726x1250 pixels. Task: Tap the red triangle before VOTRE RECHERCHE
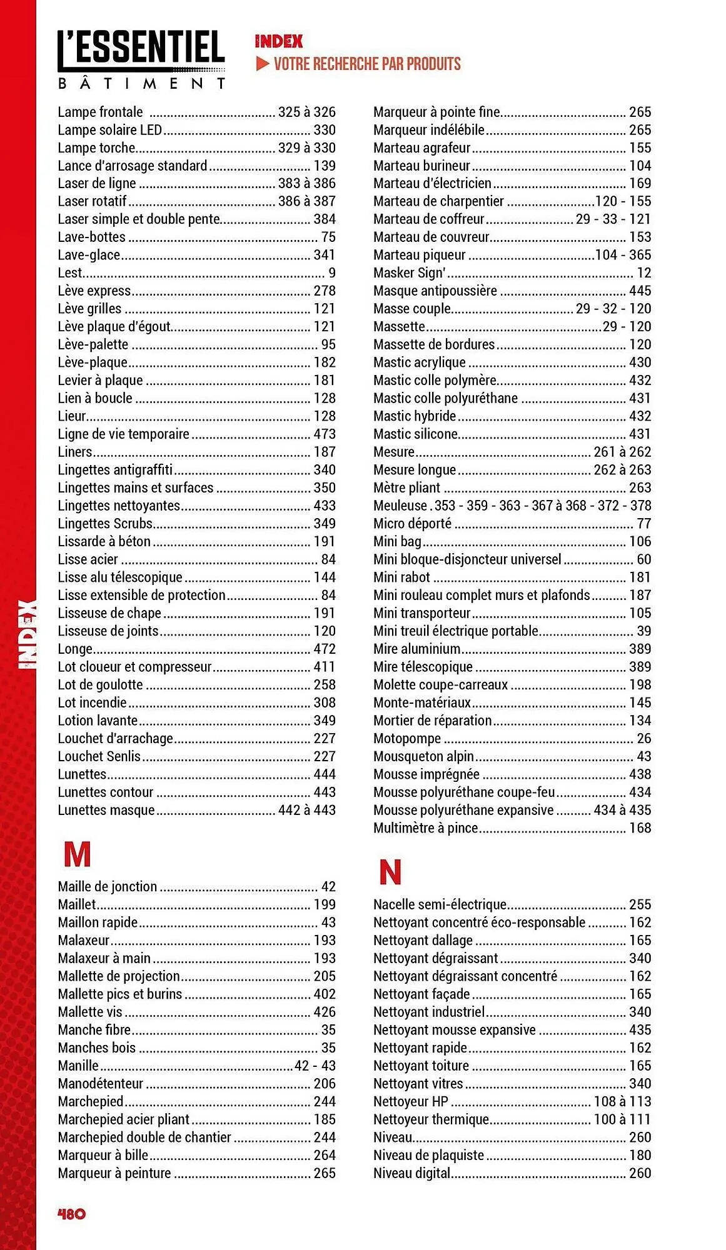click(263, 64)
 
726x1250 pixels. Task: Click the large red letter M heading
click(77, 854)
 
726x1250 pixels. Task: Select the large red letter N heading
click(390, 872)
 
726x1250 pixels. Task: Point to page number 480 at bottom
click(71, 1214)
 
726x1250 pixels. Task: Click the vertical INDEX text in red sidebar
click(28, 634)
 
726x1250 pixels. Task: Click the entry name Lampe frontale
click(100, 112)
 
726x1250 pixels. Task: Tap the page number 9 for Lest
click(332, 273)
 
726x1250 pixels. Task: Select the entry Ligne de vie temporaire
click(123, 434)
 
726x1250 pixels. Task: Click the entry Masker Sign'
click(409, 273)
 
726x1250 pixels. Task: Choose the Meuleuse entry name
click(400, 506)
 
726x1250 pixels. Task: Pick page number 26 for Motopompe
click(643, 739)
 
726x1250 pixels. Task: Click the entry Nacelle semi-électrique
click(440, 904)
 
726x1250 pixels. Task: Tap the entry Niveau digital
click(411, 1173)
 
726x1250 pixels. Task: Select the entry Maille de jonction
click(108, 886)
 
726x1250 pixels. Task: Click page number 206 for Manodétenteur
click(325, 1083)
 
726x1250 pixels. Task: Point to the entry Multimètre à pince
click(425, 828)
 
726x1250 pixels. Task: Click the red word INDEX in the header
click(279, 42)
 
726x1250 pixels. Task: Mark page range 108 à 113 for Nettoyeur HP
click(622, 1101)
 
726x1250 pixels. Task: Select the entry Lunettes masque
click(106, 810)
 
